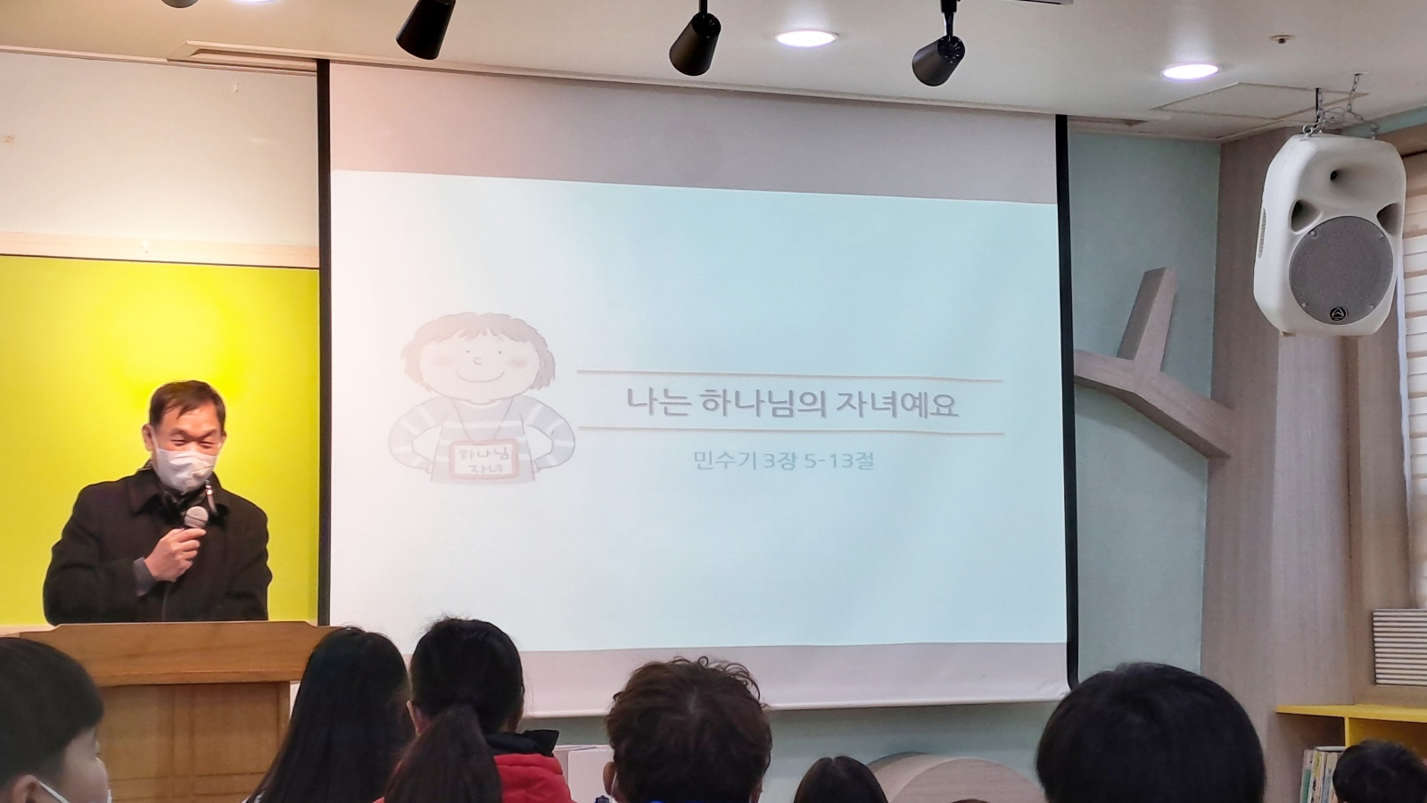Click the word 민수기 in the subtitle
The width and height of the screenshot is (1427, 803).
pyautogui.click(x=726, y=460)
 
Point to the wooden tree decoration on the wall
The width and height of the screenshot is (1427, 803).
pyautogui.click(x=1147, y=369)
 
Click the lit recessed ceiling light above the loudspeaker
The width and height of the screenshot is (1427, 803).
pyautogui.click(x=1191, y=70)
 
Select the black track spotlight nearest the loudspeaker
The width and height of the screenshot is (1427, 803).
pyautogui.click(x=939, y=54)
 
